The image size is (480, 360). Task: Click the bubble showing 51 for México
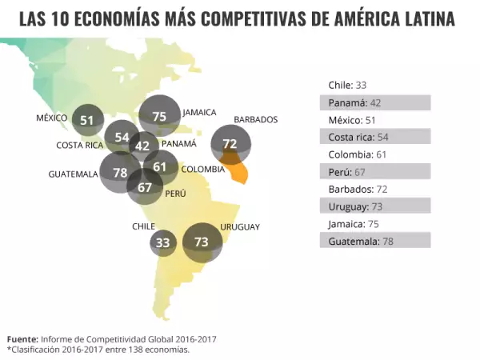(x=87, y=120)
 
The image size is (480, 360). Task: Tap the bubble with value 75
(x=159, y=116)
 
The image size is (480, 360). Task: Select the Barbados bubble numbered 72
(x=230, y=144)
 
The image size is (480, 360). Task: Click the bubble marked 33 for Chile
(x=163, y=242)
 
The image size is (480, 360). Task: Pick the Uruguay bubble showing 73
(x=202, y=242)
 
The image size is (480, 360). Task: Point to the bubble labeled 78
(x=120, y=172)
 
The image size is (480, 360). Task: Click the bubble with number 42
(x=142, y=146)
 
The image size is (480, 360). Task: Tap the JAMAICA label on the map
(x=199, y=112)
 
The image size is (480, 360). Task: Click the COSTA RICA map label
(x=79, y=146)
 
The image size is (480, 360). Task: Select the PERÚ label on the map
(x=175, y=194)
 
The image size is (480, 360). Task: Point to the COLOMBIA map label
(x=202, y=169)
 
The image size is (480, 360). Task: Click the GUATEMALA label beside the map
(x=73, y=174)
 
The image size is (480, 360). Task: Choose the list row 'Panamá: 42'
(x=375, y=102)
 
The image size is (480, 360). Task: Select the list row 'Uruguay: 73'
(x=375, y=206)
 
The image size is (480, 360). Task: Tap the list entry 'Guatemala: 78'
(x=375, y=241)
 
